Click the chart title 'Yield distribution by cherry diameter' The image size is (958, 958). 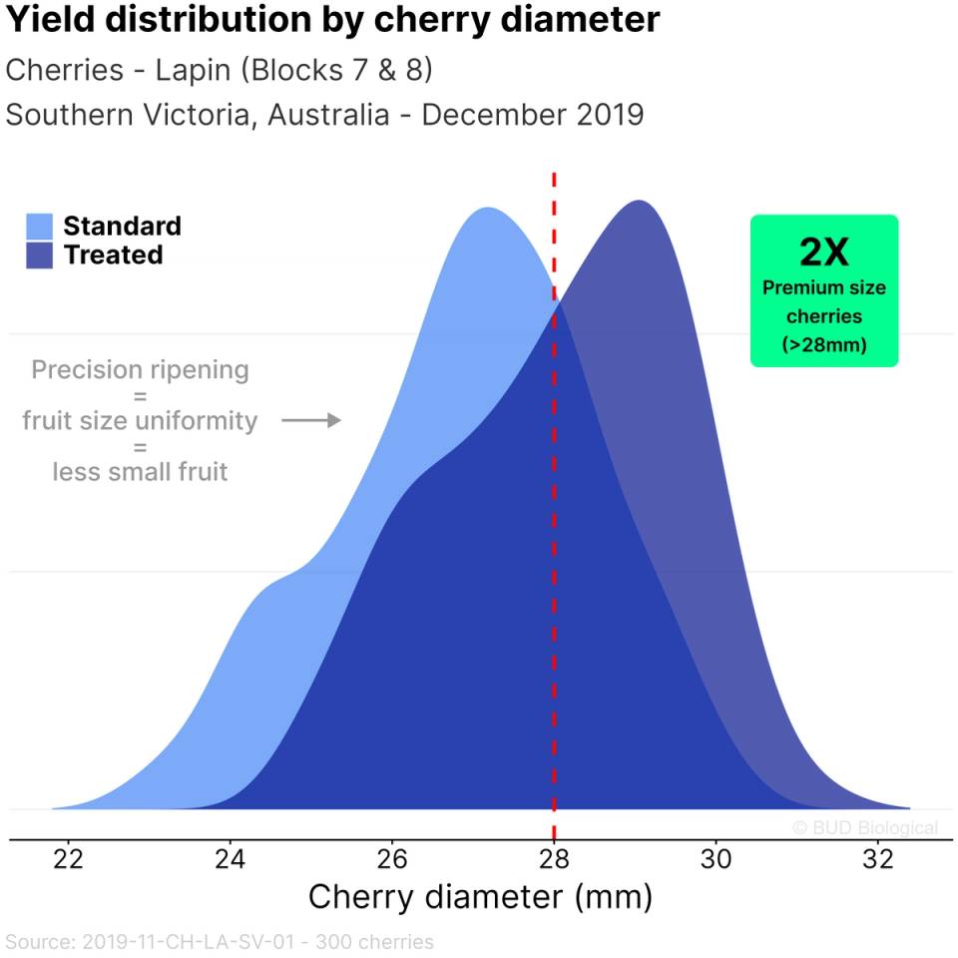333,21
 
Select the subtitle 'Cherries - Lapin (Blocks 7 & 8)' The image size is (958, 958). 220,71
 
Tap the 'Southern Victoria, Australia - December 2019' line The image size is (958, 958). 324,115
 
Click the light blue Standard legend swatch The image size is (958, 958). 40,226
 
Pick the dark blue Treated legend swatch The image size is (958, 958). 40,255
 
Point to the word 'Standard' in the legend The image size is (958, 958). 122,226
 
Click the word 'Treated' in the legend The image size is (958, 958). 113,255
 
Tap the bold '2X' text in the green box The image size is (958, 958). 824,252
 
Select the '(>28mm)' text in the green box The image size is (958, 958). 824,345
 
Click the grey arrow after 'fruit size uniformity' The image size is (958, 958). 311,421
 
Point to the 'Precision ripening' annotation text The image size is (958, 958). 140,370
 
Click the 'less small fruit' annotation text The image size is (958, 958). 140,471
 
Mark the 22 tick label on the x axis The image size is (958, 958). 69,860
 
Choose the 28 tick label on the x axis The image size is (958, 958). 554,860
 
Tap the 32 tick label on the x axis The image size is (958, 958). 877,860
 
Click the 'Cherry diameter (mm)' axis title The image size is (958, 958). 480,897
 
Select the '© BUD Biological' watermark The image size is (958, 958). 864,827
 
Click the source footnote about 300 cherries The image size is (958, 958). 220,941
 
